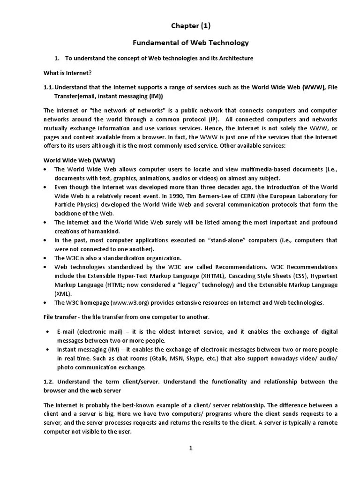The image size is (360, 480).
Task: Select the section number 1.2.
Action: click(50, 382)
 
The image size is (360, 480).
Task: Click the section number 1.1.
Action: click(49, 87)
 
